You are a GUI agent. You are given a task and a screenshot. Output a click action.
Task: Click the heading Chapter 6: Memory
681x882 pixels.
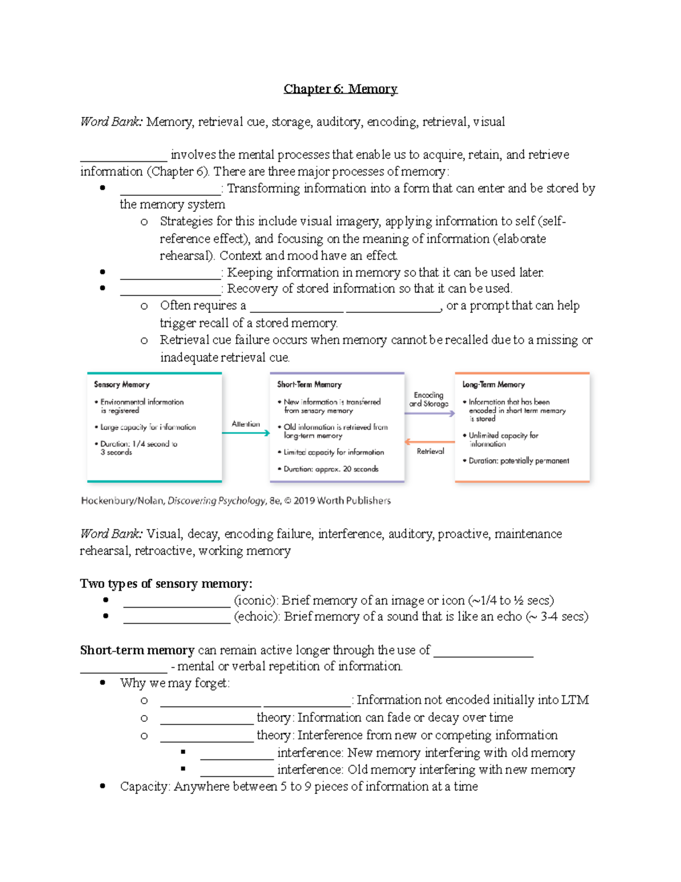340,89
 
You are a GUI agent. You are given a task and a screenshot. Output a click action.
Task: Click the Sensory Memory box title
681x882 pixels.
121,384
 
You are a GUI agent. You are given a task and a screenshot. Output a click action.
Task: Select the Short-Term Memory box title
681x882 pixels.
309,384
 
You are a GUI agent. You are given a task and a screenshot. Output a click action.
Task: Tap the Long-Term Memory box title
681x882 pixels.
493,384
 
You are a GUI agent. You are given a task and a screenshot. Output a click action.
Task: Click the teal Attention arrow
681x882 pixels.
246,433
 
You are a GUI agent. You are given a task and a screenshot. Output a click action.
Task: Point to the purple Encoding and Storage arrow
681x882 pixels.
430,413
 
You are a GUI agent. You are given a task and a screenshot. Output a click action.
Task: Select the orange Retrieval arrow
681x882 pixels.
430,441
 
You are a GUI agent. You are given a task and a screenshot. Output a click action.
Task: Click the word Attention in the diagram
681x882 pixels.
246,424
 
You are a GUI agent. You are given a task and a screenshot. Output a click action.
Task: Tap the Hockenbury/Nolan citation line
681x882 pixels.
236,501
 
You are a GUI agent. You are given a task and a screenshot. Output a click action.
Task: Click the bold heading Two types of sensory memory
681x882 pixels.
166,584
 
